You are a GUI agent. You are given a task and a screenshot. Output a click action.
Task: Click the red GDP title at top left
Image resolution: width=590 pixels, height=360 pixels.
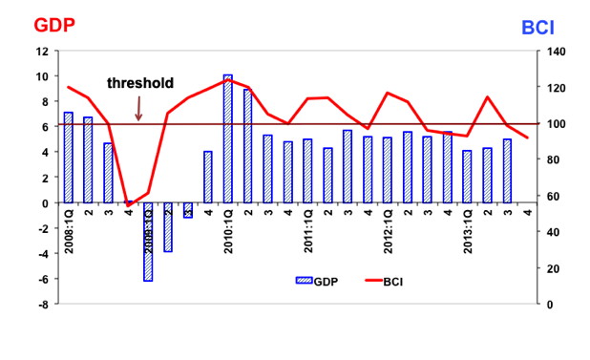(54, 26)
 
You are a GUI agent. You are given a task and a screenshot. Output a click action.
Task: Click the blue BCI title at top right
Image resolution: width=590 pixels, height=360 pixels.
(538, 28)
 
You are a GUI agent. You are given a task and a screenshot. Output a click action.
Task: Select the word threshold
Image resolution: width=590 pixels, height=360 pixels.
(140, 83)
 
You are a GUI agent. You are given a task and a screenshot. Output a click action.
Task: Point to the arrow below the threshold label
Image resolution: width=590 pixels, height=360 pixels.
(138, 109)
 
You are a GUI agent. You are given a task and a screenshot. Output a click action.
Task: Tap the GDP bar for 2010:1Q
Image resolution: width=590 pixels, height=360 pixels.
(227, 138)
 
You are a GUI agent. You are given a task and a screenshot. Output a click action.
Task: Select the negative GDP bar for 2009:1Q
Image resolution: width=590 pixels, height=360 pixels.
(148, 242)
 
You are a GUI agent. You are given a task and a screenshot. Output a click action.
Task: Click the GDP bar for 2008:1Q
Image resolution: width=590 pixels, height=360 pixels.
(68, 158)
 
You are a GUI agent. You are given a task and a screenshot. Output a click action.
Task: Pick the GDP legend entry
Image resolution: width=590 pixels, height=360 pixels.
(317, 282)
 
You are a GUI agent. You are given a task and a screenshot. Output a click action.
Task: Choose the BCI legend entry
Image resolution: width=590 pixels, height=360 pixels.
(384, 282)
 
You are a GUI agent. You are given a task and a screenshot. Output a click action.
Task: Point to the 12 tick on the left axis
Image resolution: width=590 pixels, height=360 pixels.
(43, 52)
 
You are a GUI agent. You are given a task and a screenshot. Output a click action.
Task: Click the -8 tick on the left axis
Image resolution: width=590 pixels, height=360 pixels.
(43, 305)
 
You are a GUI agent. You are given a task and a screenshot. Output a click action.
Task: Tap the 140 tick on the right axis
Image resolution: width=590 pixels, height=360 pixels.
(556, 52)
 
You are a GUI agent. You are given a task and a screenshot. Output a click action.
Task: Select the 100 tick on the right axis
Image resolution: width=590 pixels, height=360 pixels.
(556, 124)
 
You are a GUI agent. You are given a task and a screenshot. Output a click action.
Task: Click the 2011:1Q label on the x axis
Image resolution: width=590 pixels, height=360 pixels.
(307, 231)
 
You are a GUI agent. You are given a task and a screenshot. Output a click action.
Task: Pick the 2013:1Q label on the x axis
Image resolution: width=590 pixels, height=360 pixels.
(468, 231)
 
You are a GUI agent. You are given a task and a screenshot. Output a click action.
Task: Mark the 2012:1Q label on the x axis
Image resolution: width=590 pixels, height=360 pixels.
(388, 231)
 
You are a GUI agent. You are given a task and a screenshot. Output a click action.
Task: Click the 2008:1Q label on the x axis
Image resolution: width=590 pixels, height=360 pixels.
(69, 231)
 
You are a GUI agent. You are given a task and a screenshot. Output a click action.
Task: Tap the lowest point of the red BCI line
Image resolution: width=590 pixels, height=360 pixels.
(128, 205)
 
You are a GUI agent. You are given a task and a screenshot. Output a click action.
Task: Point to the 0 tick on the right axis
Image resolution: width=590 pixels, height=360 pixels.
(550, 305)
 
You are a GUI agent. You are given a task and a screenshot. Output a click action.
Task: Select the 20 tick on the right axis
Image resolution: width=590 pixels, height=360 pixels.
(553, 268)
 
